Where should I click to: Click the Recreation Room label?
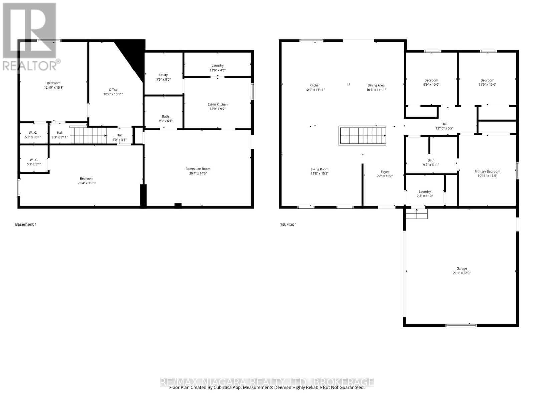pos(198,169)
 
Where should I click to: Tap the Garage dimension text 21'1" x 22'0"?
pos(462,273)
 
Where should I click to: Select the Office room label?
pos(113,90)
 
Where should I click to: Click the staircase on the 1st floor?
pos(362,135)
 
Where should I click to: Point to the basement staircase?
pos(88,136)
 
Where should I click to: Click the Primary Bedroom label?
pos(487,171)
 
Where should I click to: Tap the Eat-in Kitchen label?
pos(217,104)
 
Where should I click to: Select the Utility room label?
pos(163,75)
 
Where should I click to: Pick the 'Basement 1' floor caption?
pos(26,224)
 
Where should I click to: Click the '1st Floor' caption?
pos(288,224)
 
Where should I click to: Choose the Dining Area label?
pos(376,85)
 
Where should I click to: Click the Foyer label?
pos(385,172)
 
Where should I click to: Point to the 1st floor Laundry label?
pos(425,192)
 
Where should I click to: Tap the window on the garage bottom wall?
pos(461,325)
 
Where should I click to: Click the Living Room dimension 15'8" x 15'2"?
pos(319,174)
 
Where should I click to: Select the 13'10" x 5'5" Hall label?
pos(444,126)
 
